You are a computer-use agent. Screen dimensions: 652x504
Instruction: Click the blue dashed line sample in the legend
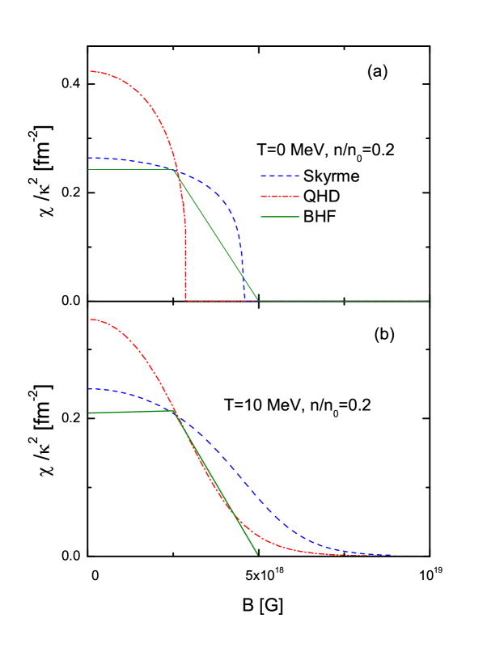coord(279,176)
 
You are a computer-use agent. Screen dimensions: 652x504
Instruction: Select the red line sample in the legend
coord(279,197)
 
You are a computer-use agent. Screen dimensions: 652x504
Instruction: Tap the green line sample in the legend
coord(279,217)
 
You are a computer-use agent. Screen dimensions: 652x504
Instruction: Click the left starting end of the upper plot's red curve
coord(90,71)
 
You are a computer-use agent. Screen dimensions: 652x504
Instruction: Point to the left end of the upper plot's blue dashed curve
coord(89,158)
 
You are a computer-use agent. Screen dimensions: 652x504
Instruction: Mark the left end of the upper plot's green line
coord(88,170)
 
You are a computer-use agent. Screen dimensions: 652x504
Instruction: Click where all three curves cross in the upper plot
coord(177,171)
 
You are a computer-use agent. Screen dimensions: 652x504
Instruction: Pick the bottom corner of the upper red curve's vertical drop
coord(186,301)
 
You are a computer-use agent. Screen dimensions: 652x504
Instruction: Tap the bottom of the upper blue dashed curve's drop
coord(244,301)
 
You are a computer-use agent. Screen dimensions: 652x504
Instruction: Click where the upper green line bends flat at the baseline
coord(258,301)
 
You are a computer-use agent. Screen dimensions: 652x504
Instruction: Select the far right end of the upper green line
coord(428,301)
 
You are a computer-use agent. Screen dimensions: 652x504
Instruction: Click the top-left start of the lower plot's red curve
coord(90,320)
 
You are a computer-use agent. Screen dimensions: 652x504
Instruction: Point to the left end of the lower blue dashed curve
coord(89,389)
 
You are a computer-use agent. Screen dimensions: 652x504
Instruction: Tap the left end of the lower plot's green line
coord(89,413)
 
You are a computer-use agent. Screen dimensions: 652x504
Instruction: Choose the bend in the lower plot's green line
coord(174,410)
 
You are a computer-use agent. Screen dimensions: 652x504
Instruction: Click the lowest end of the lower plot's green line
coord(257,555)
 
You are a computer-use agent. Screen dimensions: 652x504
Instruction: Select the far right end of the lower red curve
coord(416,555)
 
